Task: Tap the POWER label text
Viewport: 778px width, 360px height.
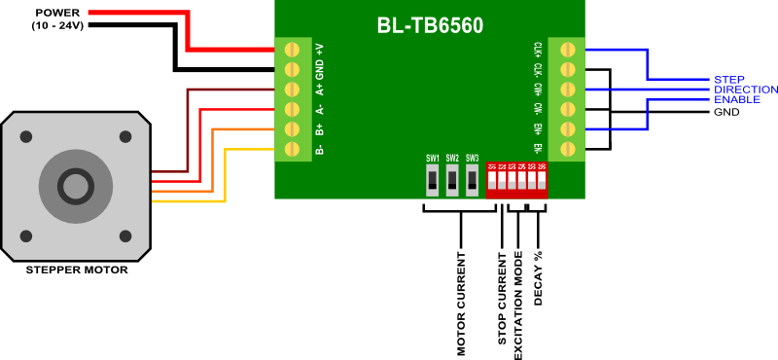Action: tap(57, 13)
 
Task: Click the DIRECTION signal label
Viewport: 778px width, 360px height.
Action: tap(745, 90)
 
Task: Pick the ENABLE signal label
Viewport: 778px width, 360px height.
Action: tap(736, 100)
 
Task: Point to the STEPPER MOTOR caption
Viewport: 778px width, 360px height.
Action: tap(77, 270)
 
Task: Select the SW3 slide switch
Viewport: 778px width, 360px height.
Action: tap(472, 179)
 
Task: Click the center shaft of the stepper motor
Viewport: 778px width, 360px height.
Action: tap(77, 184)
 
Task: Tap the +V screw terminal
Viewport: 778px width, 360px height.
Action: tap(289, 49)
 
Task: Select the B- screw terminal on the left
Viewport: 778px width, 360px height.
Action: tap(289, 149)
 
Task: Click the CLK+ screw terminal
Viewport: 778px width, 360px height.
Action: tap(565, 49)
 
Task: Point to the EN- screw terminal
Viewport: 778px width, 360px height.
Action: tap(565, 149)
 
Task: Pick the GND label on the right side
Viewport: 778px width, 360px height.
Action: tap(726, 112)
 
